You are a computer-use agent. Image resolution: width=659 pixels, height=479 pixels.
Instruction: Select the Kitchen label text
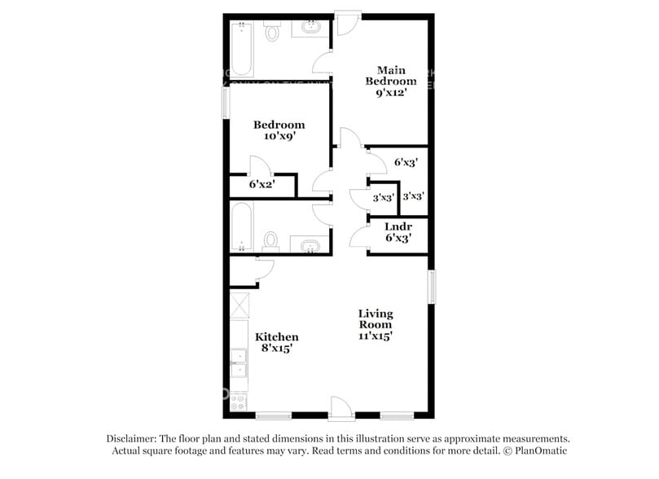(277, 336)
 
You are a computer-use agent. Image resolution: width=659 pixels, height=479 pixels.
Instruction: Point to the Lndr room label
(398, 226)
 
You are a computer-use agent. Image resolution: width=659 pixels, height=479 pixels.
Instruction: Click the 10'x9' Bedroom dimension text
(279, 137)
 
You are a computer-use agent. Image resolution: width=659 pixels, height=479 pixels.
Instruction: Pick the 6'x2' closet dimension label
(261, 184)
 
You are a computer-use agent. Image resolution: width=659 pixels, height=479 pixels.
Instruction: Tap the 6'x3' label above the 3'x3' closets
(406, 162)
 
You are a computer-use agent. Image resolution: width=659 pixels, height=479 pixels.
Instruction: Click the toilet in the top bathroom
(272, 33)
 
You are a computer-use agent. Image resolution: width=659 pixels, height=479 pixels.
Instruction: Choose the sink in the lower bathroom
(310, 245)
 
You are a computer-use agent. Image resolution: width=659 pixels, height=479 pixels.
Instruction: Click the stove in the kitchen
(239, 402)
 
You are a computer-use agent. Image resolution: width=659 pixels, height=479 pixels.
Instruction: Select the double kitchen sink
(239, 363)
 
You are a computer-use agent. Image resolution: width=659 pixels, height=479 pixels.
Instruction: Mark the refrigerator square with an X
(239, 305)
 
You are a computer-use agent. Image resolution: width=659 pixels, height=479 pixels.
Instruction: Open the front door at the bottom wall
(340, 407)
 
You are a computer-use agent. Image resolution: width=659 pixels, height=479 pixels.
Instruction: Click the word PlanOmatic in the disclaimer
(539, 450)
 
